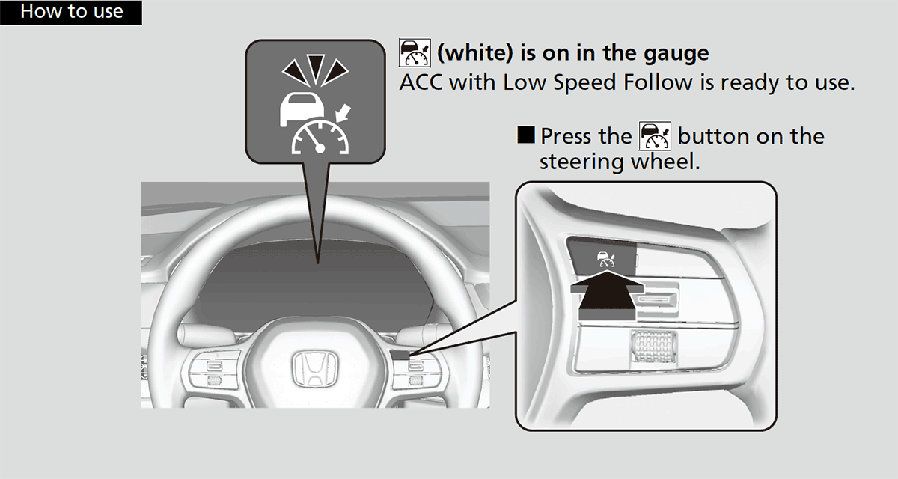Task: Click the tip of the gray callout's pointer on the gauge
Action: (317, 263)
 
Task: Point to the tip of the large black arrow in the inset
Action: (608, 271)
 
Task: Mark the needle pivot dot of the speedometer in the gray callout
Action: (320, 149)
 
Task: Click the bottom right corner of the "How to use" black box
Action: (142, 25)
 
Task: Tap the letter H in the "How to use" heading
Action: (26, 12)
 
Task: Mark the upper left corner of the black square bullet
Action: (518, 126)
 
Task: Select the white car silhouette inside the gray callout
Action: (302, 109)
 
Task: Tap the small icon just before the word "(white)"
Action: (415, 53)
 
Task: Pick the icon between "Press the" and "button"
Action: (655, 136)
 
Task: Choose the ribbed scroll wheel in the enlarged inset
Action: (654, 347)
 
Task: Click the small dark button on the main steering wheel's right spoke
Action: (400, 355)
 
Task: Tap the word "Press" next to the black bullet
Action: (566, 136)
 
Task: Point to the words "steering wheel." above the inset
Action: (620, 162)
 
